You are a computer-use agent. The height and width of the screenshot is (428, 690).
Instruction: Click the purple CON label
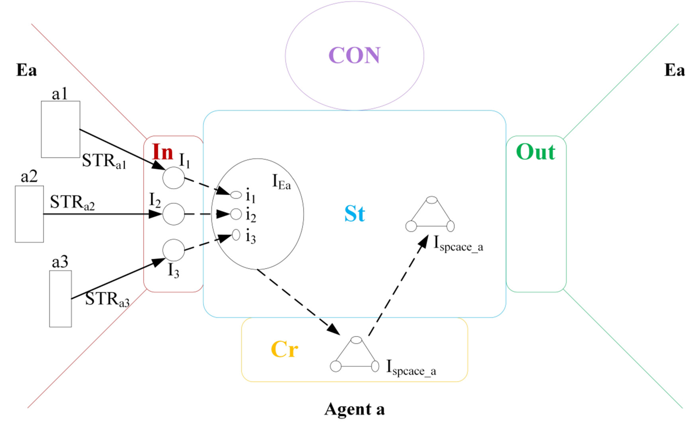pos(354,55)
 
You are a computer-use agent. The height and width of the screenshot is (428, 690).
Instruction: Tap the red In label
pos(162,152)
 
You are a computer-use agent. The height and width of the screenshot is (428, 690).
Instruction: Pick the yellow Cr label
pos(284,349)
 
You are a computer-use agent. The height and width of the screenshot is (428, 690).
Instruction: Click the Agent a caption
pos(354,409)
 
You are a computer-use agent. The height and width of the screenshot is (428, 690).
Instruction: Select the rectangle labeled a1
pos(60,129)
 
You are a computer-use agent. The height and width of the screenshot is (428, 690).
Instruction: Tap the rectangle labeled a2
pos(29,214)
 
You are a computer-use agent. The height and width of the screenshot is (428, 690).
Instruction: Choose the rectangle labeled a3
pos(60,299)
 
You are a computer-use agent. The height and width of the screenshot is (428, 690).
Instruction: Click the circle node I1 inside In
pos(173,178)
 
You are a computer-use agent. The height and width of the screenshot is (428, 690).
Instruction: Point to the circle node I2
pos(173,214)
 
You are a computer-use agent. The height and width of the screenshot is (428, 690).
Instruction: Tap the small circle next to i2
pos(236,214)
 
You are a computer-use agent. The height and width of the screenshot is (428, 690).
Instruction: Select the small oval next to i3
pos(236,235)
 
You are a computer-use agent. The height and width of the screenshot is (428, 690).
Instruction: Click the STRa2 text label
pos(72,203)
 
